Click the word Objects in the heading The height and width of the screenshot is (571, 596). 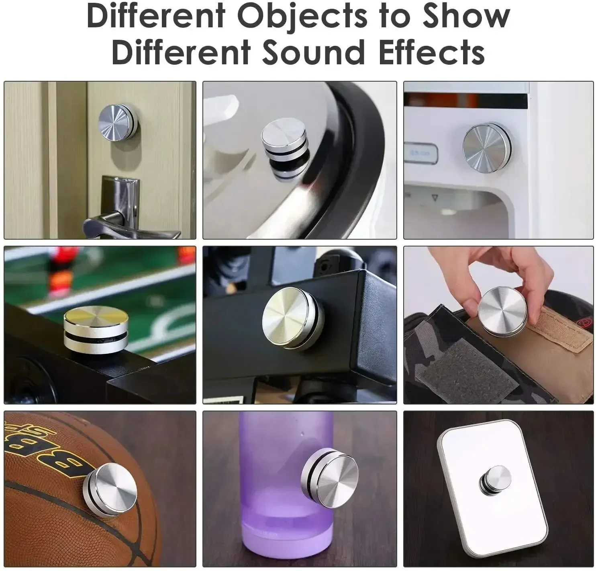tap(302, 17)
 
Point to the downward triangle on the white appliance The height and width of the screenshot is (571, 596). tap(435, 197)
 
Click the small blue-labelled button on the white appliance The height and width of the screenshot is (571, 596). tap(420, 152)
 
